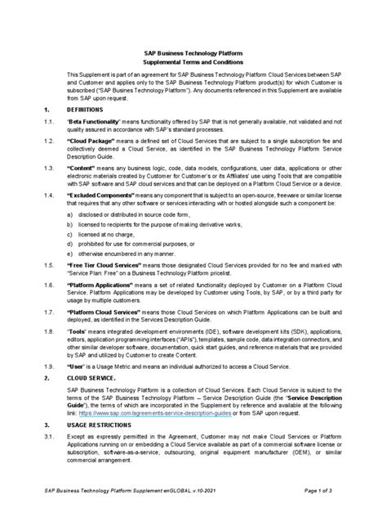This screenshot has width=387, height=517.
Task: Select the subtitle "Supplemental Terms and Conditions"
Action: click(x=194, y=61)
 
